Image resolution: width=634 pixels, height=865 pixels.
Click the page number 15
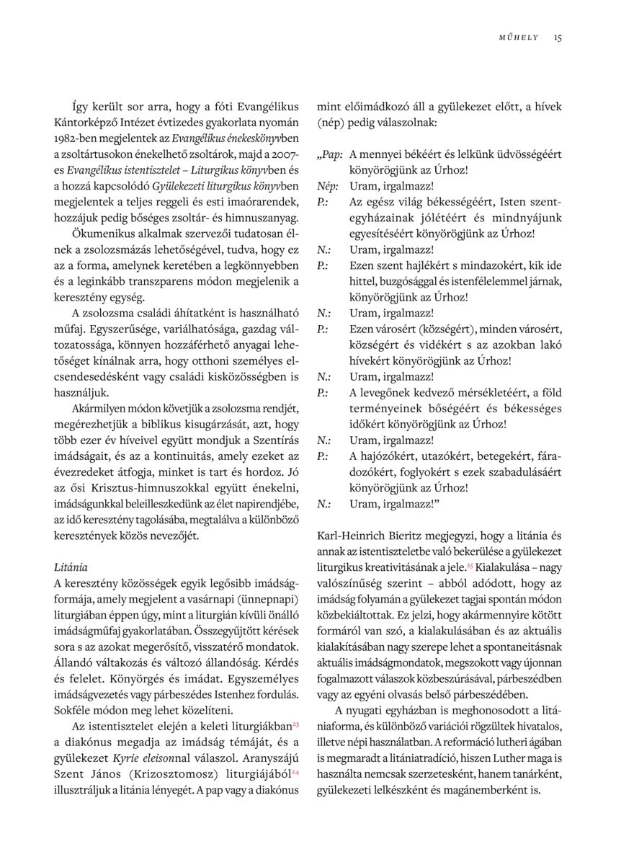[x=558, y=37]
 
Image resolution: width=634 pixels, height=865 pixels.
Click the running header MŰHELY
[x=519, y=37]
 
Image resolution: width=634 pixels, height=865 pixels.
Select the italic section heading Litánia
[x=71, y=568]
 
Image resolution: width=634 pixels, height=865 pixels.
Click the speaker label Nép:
[x=328, y=186]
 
